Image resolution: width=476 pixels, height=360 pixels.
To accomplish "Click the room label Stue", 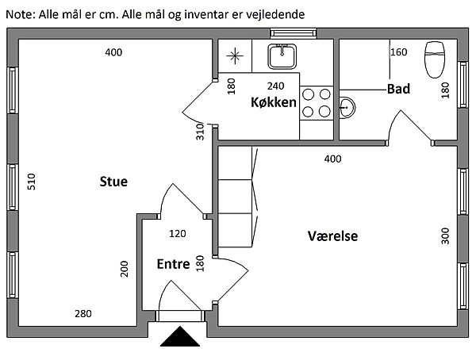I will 113,182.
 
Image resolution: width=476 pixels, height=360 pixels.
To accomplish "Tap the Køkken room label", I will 273,102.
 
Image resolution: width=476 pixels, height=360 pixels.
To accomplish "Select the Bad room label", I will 398,89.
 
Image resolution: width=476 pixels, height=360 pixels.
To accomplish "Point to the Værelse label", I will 332,236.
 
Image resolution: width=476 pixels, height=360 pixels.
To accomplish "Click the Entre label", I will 173,264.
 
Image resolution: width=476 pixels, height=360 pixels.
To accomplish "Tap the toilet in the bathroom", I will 436,59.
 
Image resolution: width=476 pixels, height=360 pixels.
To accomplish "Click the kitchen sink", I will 282,56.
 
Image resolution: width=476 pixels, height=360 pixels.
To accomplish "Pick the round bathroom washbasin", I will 347,106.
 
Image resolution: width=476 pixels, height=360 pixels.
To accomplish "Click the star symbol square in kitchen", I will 235,56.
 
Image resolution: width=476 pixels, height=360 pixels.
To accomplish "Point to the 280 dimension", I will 83,314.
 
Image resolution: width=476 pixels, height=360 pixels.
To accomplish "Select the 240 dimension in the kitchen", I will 275,86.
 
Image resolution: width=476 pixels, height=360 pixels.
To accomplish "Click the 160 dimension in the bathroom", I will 398,52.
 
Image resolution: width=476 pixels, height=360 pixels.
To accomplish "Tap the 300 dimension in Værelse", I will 445,236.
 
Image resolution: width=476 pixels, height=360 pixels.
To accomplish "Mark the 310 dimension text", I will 201,131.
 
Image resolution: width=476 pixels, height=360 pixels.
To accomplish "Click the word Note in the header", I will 20,14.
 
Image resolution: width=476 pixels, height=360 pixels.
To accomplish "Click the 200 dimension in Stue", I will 125,269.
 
